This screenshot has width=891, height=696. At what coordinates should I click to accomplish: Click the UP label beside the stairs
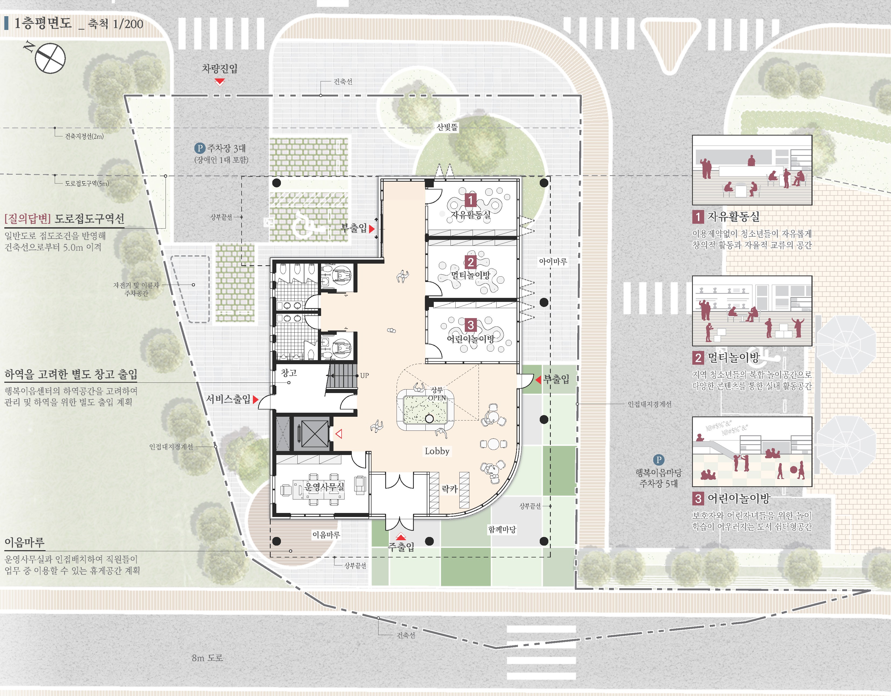pos(364,375)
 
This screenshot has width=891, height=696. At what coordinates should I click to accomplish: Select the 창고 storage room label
pos(289,373)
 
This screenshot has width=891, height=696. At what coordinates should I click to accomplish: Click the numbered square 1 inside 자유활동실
pos(470,200)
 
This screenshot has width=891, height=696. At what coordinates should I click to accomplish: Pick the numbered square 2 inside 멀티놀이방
pos(470,262)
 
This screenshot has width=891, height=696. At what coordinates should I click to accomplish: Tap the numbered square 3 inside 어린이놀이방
pos(470,325)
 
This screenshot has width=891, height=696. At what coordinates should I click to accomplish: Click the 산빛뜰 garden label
pos(447,127)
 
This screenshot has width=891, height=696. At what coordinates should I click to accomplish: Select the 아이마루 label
pos(553,261)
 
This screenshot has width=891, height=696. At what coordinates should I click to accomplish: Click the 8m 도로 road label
pos(207,658)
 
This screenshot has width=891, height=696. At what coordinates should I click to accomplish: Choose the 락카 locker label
pos(450,489)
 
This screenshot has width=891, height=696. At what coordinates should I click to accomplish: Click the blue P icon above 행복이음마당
pos(658,460)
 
